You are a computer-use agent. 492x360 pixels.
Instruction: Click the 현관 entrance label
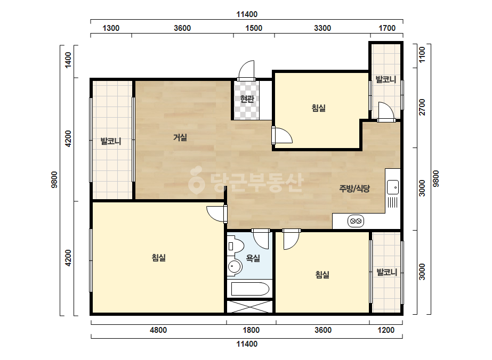tap(247, 99)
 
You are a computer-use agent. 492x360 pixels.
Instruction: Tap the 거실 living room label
tap(180, 137)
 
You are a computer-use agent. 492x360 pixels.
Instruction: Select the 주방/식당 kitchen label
tap(354, 189)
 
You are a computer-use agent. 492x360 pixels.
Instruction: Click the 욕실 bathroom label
tap(253, 258)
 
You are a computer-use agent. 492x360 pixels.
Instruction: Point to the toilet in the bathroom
tap(235, 246)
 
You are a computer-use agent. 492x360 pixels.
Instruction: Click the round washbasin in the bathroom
tap(235, 267)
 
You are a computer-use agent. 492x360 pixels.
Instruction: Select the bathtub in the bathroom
tap(250, 289)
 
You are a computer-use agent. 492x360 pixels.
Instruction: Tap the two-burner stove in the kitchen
tap(356, 221)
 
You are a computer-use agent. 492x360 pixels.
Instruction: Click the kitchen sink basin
tap(392, 187)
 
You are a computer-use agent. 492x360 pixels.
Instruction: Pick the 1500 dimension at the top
tap(254, 28)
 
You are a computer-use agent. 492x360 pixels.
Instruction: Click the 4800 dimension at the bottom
tap(158, 330)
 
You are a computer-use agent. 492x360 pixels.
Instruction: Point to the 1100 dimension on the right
tap(422, 54)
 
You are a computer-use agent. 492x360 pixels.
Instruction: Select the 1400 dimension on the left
tap(68, 60)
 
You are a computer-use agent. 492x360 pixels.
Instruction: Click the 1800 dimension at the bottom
tap(251, 330)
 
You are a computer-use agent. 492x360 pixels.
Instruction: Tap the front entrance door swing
tap(246, 70)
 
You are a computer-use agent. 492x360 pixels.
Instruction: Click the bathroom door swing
tap(261, 239)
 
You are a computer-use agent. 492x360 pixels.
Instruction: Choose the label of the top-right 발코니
tap(385, 79)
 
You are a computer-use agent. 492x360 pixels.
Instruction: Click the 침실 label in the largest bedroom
tap(159, 258)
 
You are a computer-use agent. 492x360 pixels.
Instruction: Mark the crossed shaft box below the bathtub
tap(250, 307)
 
